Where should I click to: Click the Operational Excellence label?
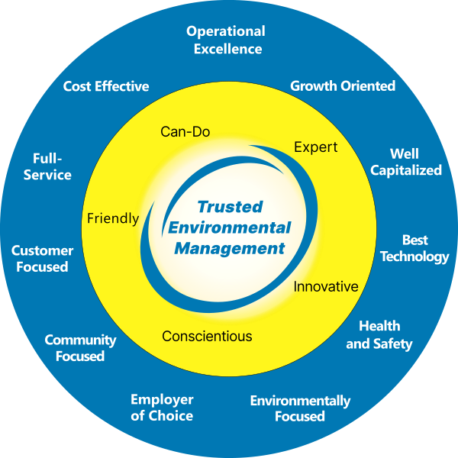[x=226, y=40]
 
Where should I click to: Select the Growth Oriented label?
[x=343, y=85]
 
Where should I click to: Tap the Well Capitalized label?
[x=405, y=162]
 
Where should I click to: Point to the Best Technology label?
[x=414, y=248]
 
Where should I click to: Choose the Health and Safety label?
[x=379, y=334]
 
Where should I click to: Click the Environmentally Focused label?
[x=300, y=408]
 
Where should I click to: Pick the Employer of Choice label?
[x=162, y=408]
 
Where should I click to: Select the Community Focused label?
[x=80, y=348]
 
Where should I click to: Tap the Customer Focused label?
[x=42, y=258]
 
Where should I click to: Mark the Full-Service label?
[x=52, y=166]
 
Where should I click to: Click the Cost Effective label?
[x=106, y=86]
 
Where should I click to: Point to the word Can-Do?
[x=185, y=131]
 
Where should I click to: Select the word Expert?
[x=315, y=147]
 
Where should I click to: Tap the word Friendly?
[x=113, y=218]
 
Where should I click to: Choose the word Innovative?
[x=326, y=287]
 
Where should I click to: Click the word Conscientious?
[x=207, y=336]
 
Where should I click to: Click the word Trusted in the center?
[x=230, y=207]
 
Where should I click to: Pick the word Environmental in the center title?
[x=230, y=227]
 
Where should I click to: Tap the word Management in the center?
[x=230, y=248]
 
